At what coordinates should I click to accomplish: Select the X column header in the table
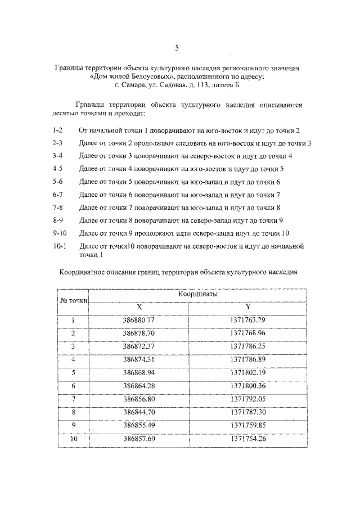point(139,307)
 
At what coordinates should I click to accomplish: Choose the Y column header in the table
point(247,307)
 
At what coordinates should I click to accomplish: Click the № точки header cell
point(73,300)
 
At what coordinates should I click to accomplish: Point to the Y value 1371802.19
point(247,372)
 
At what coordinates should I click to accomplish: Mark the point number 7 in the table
point(73,398)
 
